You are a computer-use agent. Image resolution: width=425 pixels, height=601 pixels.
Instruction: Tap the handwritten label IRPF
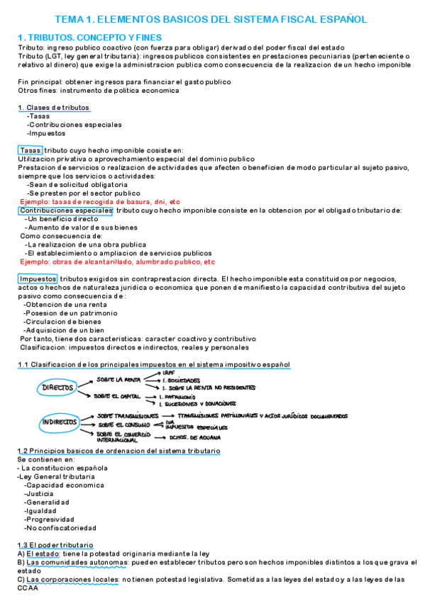coord(169,372)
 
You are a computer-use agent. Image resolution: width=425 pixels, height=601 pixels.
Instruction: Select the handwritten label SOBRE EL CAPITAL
coord(120,395)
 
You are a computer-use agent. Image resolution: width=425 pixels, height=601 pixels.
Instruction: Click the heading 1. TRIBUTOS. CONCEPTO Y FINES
coord(89,37)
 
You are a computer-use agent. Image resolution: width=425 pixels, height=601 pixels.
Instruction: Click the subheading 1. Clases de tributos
coord(54,108)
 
